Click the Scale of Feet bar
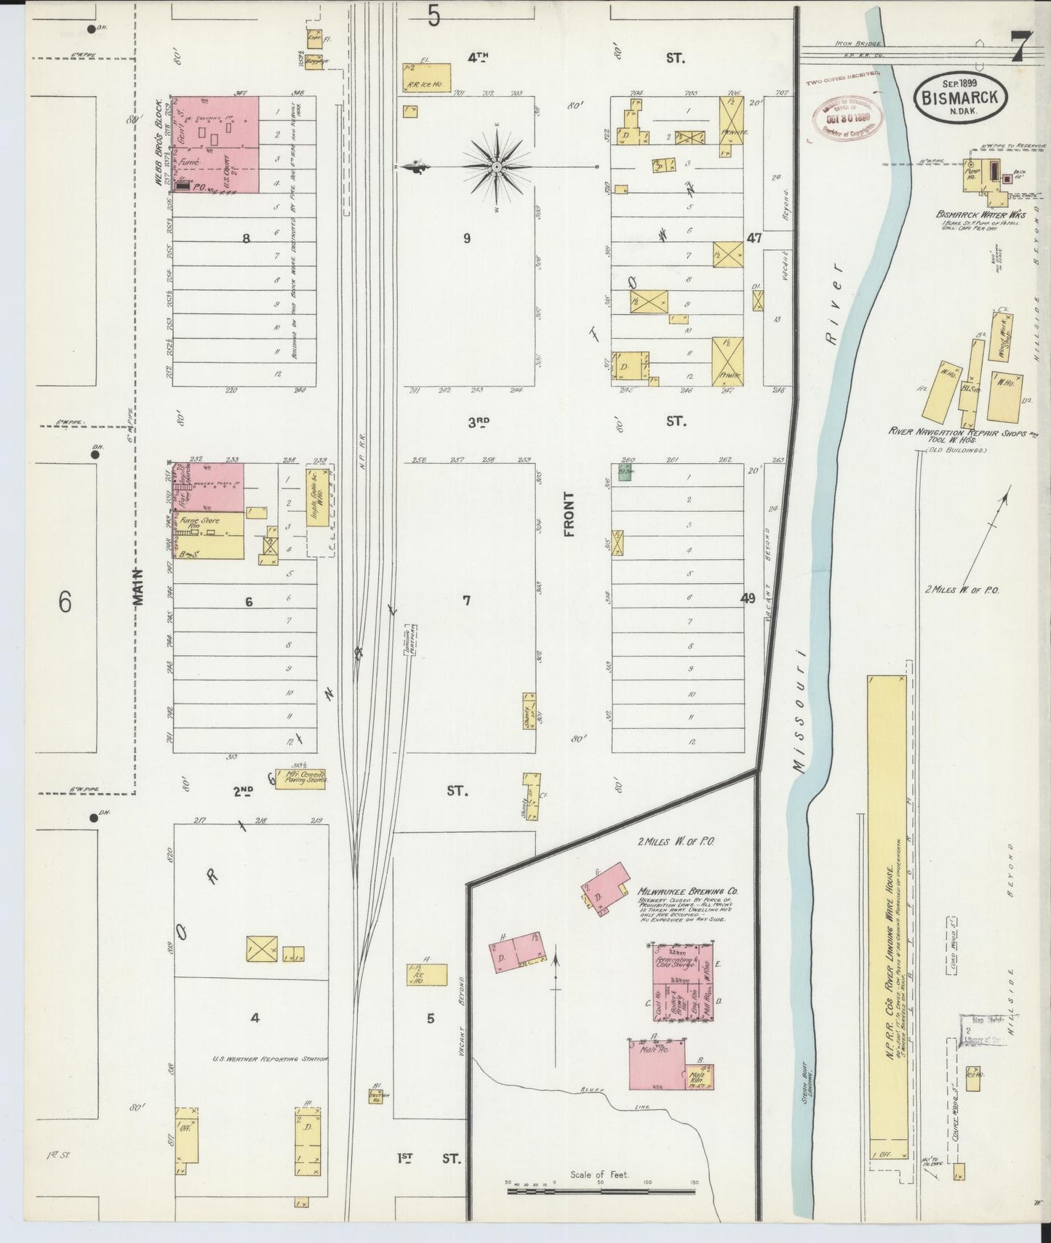click(x=602, y=1192)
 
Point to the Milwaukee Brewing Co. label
click(x=688, y=890)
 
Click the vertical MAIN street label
click(x=140, y=586)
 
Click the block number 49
click(x=748, y=598)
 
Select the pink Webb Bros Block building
click(x=215, y=145)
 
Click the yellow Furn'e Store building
click(x=207, y=536)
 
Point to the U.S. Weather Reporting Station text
click(x=269, y=1059)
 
